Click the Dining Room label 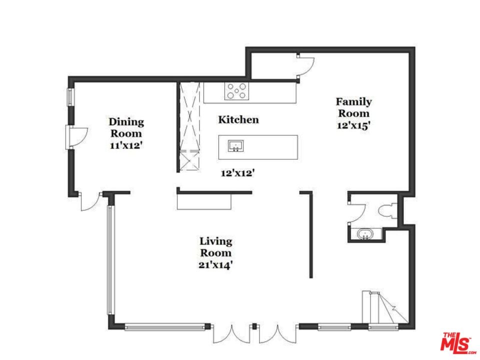tap(126, 127)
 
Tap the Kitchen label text tap(238, 119)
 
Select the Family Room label tap(353, 107)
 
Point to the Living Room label tap(216, 246)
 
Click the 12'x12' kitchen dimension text tap(238, 173)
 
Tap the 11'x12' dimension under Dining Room tap(126, 145)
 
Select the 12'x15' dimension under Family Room tap(353, 125)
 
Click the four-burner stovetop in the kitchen tap(236, 91)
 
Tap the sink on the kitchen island tap(235, 146)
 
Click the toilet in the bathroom tap(387, 211)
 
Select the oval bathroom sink tap(365, 235)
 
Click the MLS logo tap(458, 342)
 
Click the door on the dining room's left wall tap(77, 137)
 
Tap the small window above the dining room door tap(71, 97)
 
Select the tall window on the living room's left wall tap(110, 260)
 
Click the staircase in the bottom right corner tap(385, 307)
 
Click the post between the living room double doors tap(254, 326)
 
